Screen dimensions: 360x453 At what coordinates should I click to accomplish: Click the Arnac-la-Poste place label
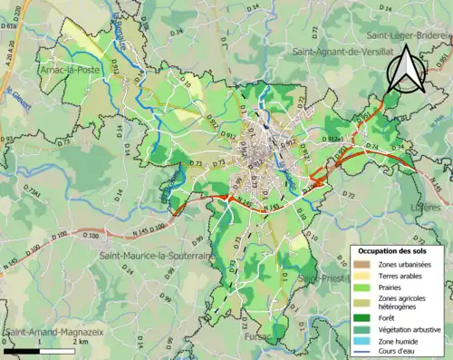pos(72,67)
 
